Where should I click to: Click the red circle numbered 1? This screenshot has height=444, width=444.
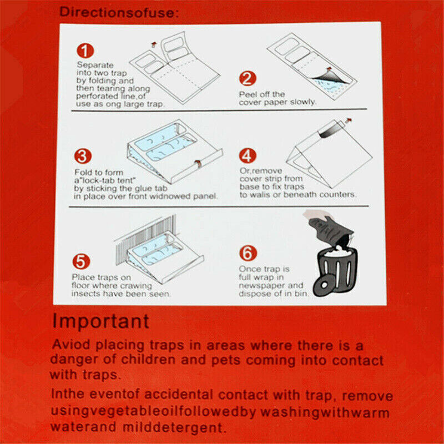coord(84,52)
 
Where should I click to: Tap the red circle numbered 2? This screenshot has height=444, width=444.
coord(248,79)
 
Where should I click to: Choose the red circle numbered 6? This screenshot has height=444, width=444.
coord(248,253)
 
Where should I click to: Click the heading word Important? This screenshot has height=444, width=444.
coord(101,321)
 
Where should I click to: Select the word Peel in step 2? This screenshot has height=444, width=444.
coord(248,94)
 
